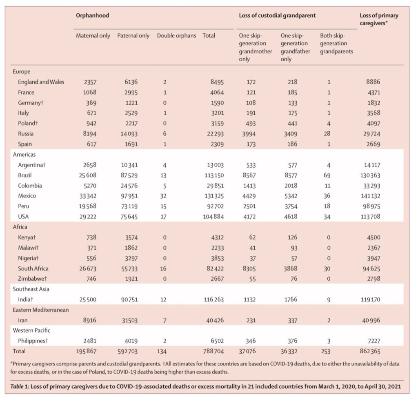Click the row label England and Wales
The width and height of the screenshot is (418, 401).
(x=41, y=82)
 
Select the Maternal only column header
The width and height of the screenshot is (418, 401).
(x=93, y=36)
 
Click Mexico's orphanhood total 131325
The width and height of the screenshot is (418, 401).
(x=213, y=196)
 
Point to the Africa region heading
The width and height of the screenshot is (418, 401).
(x=20, y=227)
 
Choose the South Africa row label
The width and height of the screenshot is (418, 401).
(x=33, y=268)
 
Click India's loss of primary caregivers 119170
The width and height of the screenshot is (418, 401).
(x=370, y=299)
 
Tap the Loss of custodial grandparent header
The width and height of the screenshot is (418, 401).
(x=277, y=16)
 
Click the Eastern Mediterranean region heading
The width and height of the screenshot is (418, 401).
(x=41, y=310)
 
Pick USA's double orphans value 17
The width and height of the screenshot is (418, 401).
(x=163, y=217)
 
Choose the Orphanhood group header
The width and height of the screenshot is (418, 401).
(x=93, y=16)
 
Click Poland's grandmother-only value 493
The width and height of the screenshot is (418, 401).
(x=251, y=123)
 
